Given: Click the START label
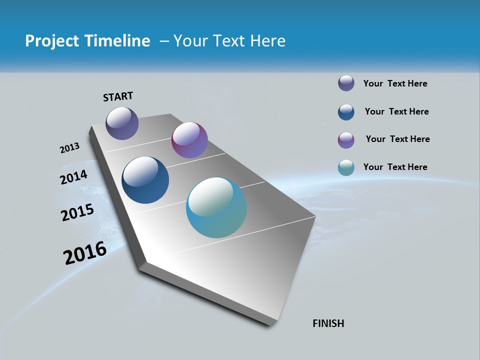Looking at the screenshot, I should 118,96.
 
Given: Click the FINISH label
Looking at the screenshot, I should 328,323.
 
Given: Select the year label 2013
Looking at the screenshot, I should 69,148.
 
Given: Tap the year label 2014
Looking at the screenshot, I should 74,177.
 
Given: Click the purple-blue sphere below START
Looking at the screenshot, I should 122,123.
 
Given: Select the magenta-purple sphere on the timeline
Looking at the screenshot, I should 189,140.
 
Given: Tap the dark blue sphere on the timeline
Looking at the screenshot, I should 145,180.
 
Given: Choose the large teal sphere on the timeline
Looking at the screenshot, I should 216,207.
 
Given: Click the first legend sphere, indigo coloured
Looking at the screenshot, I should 346,83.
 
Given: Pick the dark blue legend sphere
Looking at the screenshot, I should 346,112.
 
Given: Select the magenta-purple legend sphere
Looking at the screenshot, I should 346,140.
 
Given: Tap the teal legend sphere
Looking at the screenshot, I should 346,168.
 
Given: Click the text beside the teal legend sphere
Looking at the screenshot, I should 395,167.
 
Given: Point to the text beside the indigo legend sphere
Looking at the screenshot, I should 395,83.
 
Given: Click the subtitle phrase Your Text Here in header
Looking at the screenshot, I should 229,41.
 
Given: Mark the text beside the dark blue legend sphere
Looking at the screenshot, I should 397,111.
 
